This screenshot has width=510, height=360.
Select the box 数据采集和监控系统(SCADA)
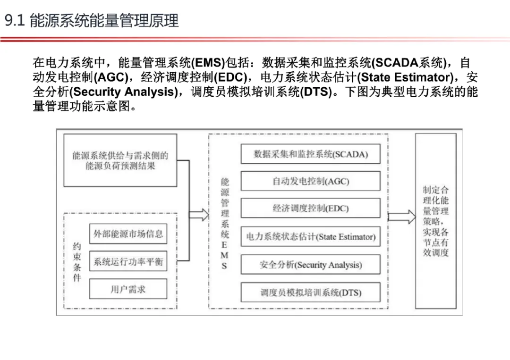(310, 154)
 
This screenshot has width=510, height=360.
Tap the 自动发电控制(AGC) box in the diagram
(310, 181)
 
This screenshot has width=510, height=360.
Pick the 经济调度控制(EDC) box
(310, 208)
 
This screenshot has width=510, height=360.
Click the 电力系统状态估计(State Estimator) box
(310, 237)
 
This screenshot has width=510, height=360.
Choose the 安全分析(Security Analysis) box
(310, 265)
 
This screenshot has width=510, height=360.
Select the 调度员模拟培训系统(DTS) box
(310, 293)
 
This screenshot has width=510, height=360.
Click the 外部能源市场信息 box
(128, 234)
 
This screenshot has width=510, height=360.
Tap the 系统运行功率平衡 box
(128, 261)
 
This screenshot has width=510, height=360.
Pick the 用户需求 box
(128, 289)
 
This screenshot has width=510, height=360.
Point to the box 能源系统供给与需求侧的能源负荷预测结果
(120, 160)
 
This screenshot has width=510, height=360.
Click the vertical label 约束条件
(76, 262)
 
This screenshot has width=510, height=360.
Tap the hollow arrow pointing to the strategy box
(401, 217)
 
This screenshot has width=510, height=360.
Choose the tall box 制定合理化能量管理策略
(435, 221)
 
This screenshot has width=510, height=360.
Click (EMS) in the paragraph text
(206, 62)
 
